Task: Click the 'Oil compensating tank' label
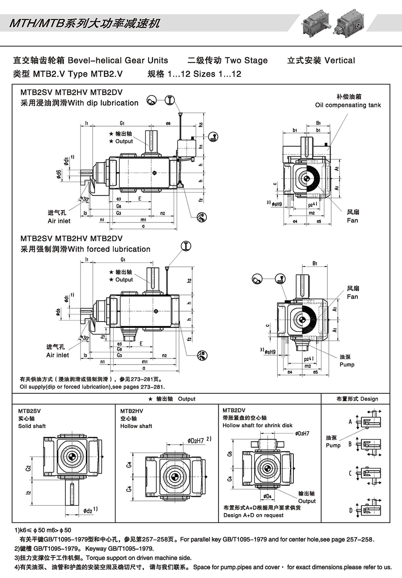click(x=348, y=105)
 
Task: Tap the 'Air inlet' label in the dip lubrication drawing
click(x=59, y=221)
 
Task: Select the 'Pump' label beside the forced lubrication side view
click(x=347, y=364)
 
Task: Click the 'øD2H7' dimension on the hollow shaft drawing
click(x=196, y=441)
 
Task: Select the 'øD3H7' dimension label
click(x=302, y=433)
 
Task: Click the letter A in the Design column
click(x=350, y=422)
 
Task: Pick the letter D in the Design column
click(x=350, y=510)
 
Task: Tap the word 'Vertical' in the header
click(x=340, y=61)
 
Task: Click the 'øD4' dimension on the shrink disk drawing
click(x=268, y=496)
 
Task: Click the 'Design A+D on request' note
click(x=253, y=515)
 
